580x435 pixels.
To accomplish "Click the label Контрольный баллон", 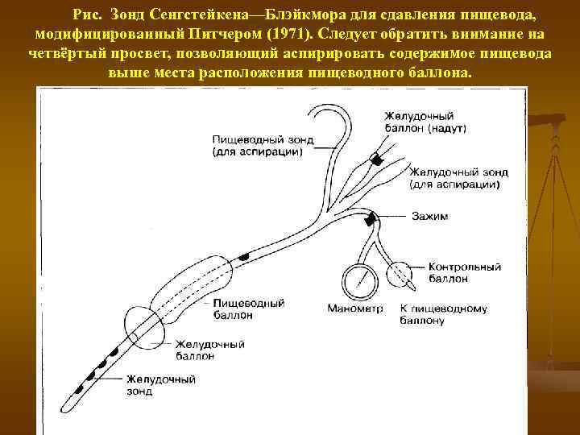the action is coord(465,272).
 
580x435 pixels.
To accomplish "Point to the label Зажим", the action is coord(429,217).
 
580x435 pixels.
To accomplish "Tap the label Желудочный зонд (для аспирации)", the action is coord(454,177).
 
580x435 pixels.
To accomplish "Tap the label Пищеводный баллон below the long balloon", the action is coord(250,309).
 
